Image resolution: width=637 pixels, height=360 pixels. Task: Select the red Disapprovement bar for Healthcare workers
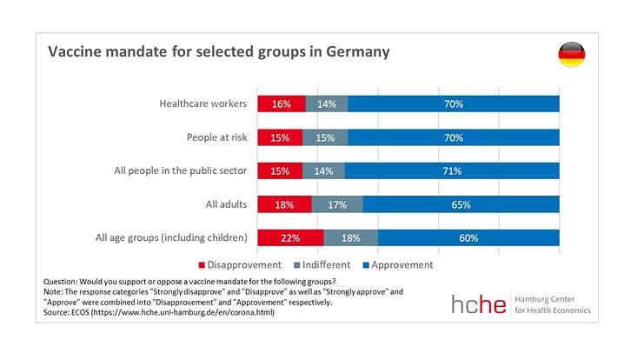(281, 103)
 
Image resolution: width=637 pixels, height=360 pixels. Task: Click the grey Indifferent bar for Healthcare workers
(327, 103)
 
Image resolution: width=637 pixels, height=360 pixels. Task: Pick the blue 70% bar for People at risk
(453, 137)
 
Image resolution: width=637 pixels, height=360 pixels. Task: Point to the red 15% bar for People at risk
(279, 137)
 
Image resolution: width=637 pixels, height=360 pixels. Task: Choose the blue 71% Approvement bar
(452, 171)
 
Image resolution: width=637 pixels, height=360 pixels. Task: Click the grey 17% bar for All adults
(337, 205)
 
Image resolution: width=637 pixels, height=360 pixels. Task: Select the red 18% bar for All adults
(284, 205)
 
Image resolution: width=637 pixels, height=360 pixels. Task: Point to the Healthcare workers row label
(203, 103)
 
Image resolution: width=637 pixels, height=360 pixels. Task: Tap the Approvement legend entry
(398, 264)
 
